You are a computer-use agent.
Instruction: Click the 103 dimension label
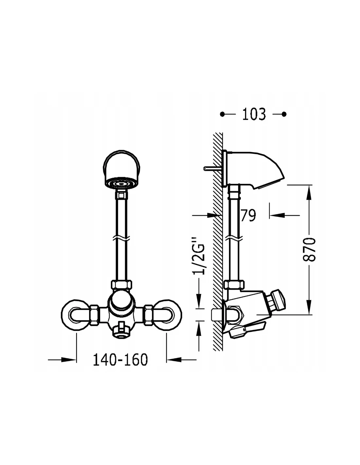(254, 114)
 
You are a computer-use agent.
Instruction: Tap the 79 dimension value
(248, 215)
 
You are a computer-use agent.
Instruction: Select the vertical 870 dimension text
(309, 249)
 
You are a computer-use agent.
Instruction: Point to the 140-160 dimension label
(120, 359)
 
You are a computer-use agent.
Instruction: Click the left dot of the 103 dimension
(222, 114)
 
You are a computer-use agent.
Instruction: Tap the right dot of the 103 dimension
(284, 114)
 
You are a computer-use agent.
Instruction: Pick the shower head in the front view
(121, 170)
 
